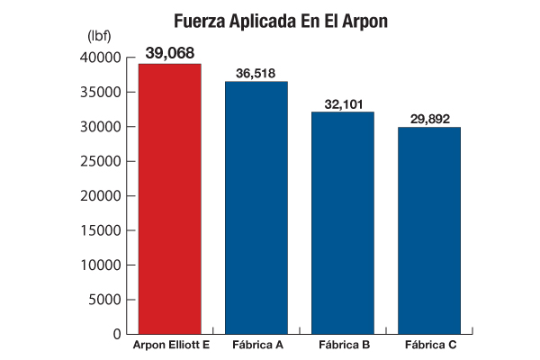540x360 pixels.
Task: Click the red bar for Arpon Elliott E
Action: (169, 198)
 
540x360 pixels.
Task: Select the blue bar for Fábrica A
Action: (256, 207)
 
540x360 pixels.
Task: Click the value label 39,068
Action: (170, 54)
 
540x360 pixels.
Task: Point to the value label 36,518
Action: (256, 72)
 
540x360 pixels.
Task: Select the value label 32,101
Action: (343, 103)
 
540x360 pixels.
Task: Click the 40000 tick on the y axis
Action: (102, 58)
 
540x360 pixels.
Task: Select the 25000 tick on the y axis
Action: (102, 161)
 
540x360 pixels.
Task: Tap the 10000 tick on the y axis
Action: (102, 265)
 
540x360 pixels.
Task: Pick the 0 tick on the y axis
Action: (117, 334)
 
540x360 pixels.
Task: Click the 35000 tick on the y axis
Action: (102, 92)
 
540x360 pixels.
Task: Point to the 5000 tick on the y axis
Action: (105, 300)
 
